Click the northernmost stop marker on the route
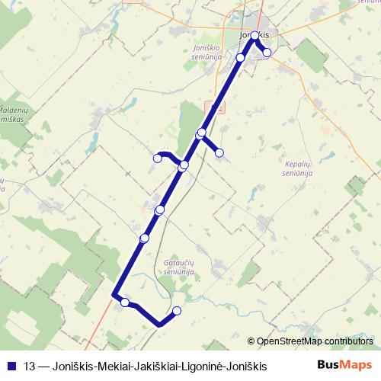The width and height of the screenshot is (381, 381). pos(255,36)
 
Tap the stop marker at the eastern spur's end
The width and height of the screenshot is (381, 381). pos(219,153)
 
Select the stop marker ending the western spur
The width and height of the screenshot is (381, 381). pos(158,158)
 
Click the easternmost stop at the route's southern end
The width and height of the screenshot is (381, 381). pos(178,310)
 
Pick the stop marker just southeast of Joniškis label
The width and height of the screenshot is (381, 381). pos(267,53)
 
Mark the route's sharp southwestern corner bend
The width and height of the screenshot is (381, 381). pos(114,295)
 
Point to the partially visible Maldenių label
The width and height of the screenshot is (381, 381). pos(15,109)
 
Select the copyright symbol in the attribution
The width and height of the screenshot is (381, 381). pos(252,341)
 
